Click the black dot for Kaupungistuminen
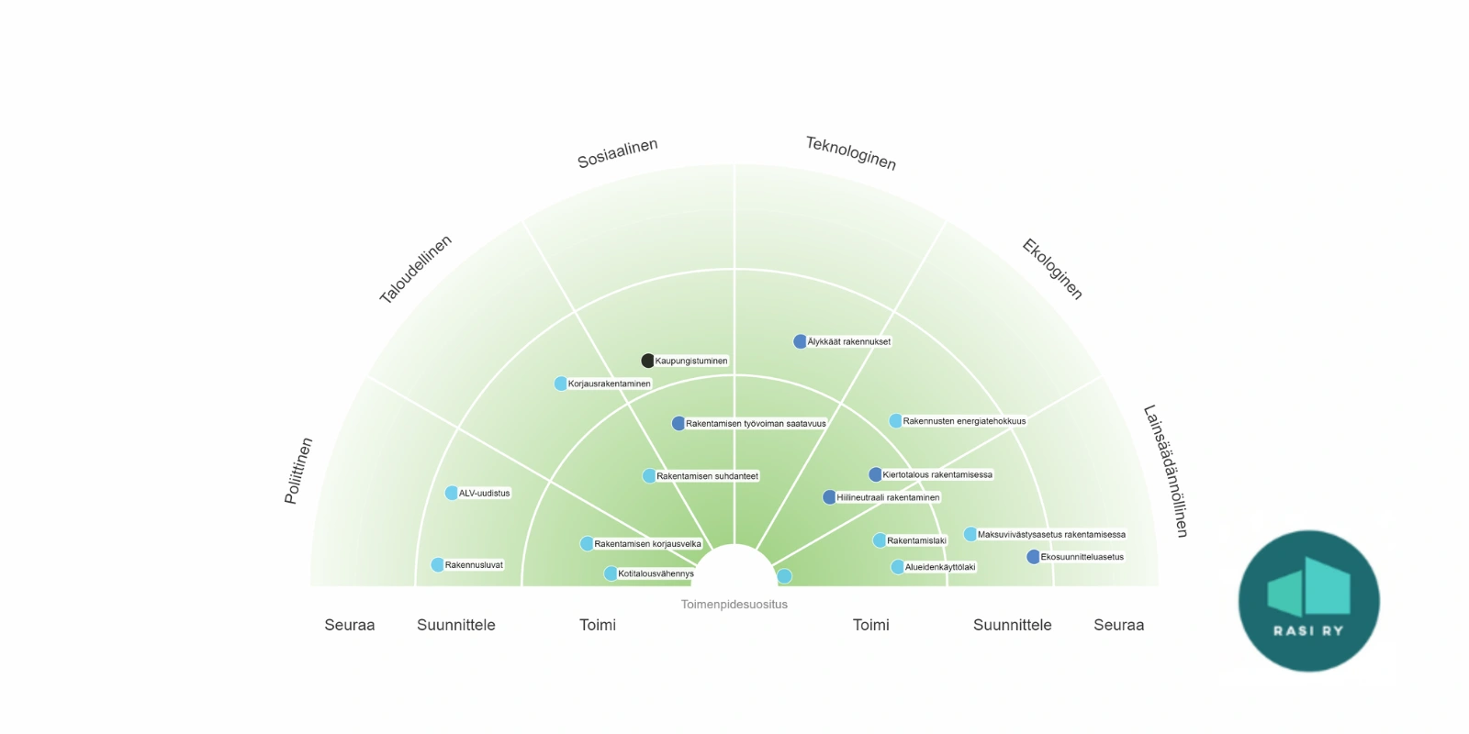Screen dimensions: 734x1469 (647, 361)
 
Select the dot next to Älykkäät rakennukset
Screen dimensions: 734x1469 (800, 341)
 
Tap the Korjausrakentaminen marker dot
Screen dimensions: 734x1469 (561, 384)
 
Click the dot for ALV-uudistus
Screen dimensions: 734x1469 (452, 493)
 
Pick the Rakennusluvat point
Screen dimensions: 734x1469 (438, 565)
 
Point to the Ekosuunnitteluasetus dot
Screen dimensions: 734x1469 (1033, 557)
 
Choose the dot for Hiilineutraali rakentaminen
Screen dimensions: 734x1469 (829, 497)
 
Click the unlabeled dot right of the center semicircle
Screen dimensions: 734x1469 (784, 576)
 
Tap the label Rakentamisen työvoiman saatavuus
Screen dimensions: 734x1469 (756, 424)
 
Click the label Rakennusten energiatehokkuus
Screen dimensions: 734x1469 (964, 421)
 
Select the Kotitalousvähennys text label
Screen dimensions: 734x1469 (656, 574)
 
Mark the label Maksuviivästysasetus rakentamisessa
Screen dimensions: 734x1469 (1051, 534)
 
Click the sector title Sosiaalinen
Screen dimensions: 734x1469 (617, 153)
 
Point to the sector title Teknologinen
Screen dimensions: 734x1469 (850, 153)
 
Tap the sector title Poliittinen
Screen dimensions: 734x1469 (298, 471)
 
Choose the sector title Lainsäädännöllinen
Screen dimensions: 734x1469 (1165, 471)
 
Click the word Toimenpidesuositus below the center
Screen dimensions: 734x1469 (734, 605)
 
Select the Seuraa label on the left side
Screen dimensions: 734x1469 (350, 625)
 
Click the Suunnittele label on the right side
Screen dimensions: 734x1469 (1012, 625)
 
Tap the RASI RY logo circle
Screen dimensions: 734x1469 (1308, 601)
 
